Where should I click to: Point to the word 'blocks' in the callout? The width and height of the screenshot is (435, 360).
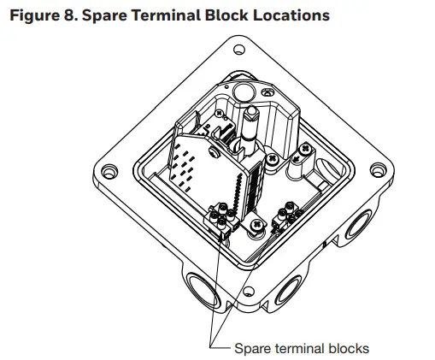pos(348,348)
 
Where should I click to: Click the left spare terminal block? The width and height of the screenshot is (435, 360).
pos(220,221)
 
